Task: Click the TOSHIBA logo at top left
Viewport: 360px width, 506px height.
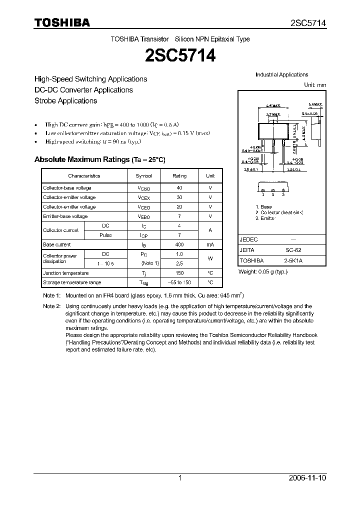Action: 62,22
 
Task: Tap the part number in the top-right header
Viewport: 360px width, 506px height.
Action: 308,23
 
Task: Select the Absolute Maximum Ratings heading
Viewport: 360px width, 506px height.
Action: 99,159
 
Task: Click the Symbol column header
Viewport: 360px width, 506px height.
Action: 143,176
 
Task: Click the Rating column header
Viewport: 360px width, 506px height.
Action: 179,176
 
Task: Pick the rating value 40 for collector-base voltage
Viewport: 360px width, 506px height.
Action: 179,188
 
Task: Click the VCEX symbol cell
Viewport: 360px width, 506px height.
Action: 143,197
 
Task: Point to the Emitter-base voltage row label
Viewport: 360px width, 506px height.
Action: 65,216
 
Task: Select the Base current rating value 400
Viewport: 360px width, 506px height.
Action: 179,245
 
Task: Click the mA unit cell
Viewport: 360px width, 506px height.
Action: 210,245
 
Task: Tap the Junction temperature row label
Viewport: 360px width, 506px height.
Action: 65,273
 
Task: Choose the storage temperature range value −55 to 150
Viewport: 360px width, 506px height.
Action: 179,283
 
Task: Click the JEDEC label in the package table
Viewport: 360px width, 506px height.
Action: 248,240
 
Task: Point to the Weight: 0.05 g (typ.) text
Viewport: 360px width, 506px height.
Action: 262,271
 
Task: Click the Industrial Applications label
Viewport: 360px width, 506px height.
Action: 281,75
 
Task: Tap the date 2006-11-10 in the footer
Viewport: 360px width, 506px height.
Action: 307,478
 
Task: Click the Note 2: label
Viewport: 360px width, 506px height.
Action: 51,306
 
